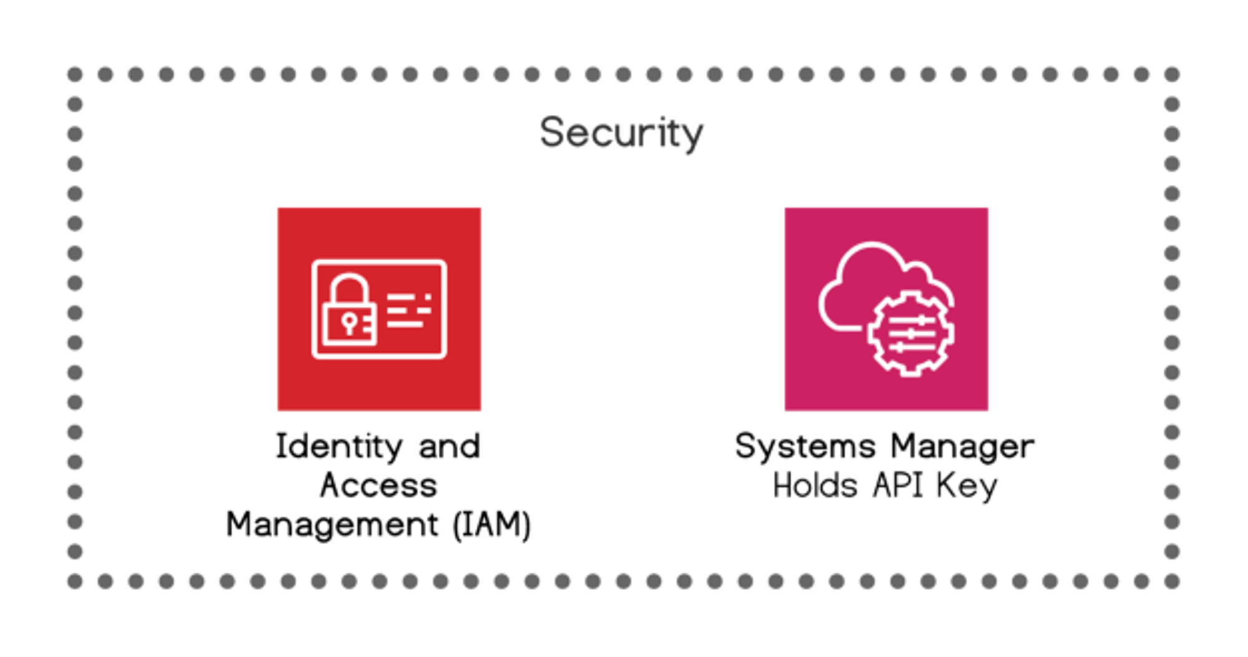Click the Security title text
622,133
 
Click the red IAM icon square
379,309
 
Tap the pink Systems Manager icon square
886,309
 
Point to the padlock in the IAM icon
349,309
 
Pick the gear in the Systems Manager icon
911,334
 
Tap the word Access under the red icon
379,485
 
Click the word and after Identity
449,447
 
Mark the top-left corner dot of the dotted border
75,75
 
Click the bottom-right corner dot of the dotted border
1172,582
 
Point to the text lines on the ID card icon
409,310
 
